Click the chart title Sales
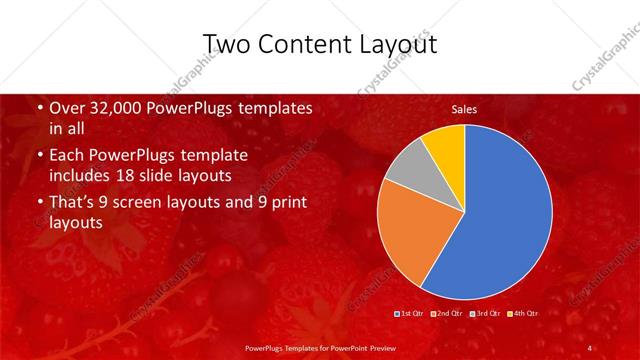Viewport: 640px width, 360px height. (465, 108)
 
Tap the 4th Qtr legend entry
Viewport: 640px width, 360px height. (523, 314)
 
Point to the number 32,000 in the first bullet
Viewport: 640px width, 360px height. (114, 107)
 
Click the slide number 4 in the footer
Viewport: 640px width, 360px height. (590, 348)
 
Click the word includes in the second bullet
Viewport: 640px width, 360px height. (84, 176)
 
